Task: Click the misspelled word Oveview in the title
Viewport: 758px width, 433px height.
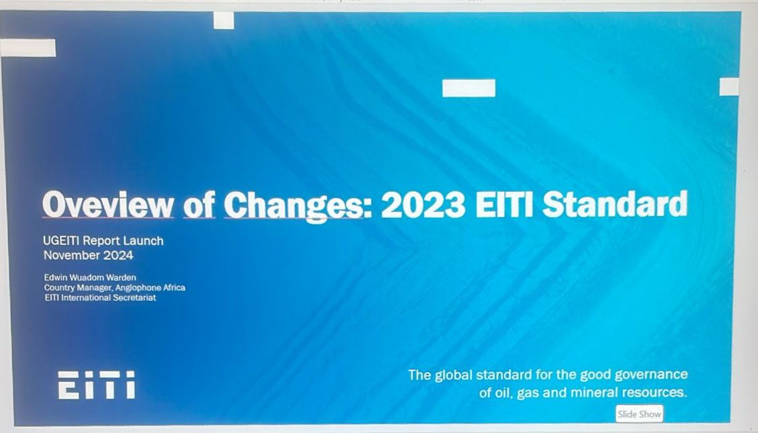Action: (108, 205)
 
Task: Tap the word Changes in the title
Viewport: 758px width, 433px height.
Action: (293, 205)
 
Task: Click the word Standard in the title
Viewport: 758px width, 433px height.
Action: (615, 205)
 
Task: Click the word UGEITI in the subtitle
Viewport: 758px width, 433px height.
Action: (62, 240)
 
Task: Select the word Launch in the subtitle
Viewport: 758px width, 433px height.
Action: (144, 240)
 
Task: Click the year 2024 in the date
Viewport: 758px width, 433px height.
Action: (118, 255)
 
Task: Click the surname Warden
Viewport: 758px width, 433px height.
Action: (121, 277)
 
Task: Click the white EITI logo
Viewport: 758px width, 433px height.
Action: (96, 385)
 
